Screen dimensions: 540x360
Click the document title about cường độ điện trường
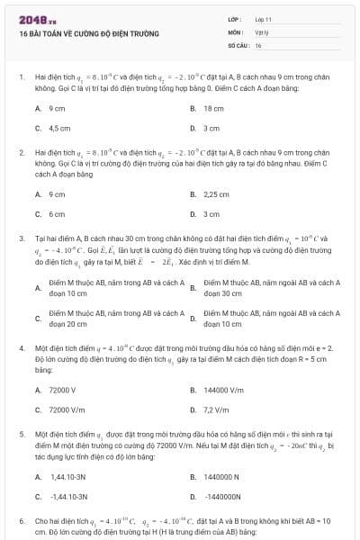click(x=88, y=33)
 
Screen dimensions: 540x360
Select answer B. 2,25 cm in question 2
click(x=216, y=193)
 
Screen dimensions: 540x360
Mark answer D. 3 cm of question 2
click(x=211, y=214)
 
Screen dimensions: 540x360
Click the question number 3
click(x=22, y=238)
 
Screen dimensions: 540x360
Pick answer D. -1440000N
click(x=226, y=496)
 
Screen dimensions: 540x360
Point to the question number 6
click(x=22, y=521)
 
